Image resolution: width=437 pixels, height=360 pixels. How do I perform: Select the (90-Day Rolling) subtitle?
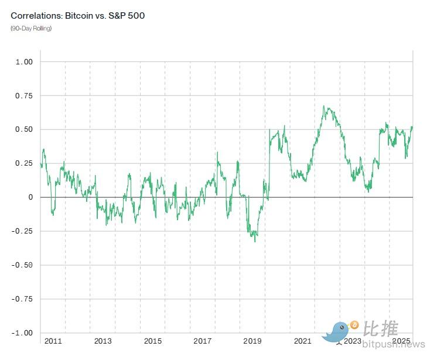[x=31, y=28]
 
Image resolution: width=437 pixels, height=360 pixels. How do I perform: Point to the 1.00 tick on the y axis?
[x=24, y=61]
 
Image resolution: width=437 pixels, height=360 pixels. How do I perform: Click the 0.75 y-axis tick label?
[x=24, y=95]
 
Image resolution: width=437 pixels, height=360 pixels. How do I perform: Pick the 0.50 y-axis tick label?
[x=24, y=129]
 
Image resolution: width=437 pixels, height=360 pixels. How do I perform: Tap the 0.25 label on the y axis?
[x=24, y=163]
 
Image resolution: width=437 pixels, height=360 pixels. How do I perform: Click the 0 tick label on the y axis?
[x=30, y=197]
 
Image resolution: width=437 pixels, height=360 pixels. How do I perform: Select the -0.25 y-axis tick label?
[x=22, y=231]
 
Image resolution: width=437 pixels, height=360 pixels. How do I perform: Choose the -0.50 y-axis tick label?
[x=22, y=265]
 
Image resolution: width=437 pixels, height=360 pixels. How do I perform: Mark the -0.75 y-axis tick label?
[x=22, y=299]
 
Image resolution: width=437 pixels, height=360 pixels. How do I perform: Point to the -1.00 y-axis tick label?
[x=22, y=333]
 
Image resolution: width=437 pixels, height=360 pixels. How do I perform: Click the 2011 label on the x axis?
[x=53, y=341]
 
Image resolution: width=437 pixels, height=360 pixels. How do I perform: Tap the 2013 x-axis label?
[x=103, y=341]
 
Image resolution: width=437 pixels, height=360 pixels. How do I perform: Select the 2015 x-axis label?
[x=153, y=341]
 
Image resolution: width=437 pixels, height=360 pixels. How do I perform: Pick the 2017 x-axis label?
[x=203, y=341]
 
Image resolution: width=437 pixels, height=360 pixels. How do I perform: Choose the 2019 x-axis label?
[x=252, y=341]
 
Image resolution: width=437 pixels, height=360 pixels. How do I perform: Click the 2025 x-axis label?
[x=402, y=341]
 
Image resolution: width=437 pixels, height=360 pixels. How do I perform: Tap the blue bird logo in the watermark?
[x=339, y=331]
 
